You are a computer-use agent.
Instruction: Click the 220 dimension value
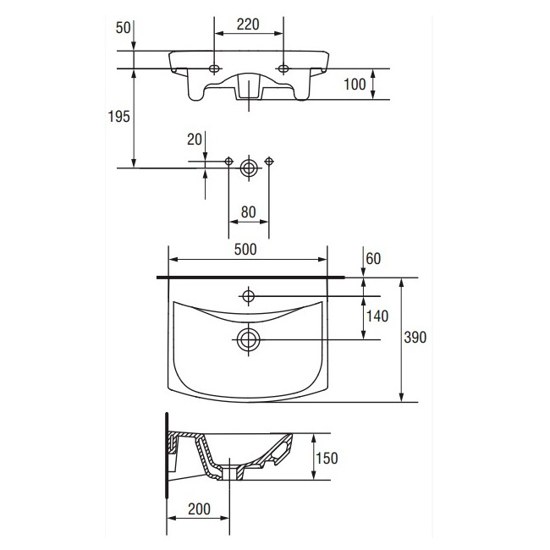pos(248,25)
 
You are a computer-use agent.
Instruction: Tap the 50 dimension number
pos(124,28)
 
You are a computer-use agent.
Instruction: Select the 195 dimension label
pos(119,116)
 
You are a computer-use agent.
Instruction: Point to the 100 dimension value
pos(355,84)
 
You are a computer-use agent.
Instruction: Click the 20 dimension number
pos(195,140)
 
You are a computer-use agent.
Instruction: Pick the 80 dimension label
pos(248,212)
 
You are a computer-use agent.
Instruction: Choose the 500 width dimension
pos(245,250)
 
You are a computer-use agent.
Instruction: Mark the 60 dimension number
pos(373,259)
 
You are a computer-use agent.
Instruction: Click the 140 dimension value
pos(377,316)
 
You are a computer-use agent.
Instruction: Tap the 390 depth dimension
pos(415,337)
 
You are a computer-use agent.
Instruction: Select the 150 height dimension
pos(327,458)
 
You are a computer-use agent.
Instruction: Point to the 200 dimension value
pos(199,509)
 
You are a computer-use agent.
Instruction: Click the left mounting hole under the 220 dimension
pos(213,69)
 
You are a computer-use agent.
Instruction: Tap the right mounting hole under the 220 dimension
pos(283,69)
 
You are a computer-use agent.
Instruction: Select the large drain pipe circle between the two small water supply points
pos(249,168)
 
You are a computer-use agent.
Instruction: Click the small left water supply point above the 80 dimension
pos(228,162)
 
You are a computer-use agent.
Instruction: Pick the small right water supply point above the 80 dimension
pos(269,162)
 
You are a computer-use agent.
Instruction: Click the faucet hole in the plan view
pos(248,296)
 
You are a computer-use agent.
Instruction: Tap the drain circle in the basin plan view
pos(248,340)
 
